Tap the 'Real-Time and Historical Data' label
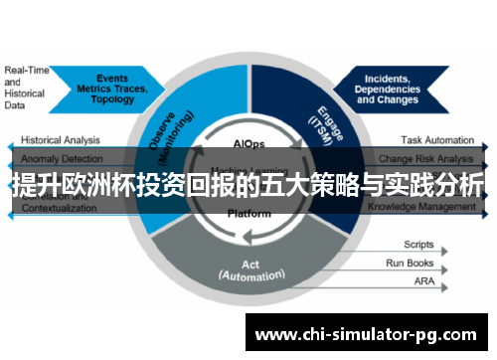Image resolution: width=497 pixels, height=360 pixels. click(x=26, y=88)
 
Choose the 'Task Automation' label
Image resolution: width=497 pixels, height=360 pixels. click(x=437, y=140)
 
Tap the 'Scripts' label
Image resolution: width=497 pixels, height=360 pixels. click(x=418, y=244)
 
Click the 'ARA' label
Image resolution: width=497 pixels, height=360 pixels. click(x=423, y=283)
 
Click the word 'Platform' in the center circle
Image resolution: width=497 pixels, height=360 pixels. click(x=249, y=214)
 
